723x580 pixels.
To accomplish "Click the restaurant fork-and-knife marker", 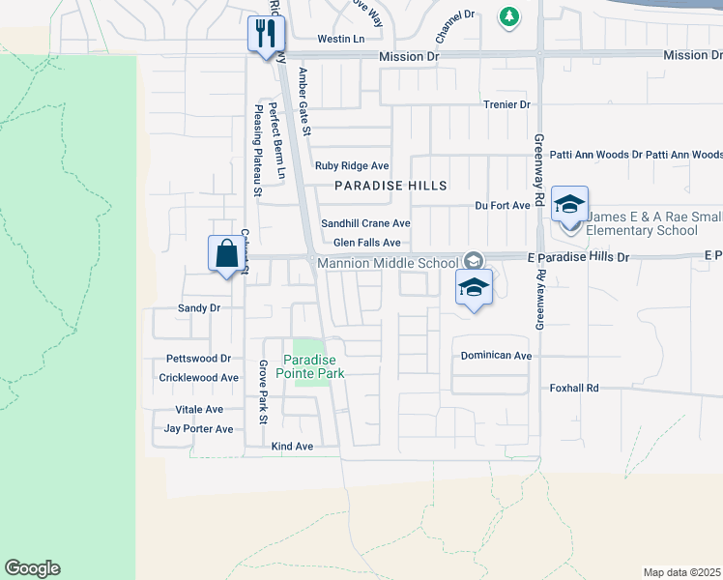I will pos(263,36).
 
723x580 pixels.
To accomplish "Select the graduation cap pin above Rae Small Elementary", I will pos(570,205).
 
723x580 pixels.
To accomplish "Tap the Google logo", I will pos(32,568).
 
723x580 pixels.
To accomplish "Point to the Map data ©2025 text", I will pos(681,571).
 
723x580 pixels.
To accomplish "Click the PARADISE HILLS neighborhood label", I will pos(391,186).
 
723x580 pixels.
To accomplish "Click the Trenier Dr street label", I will pos(506,104).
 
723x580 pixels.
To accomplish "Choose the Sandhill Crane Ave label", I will pos(365,223).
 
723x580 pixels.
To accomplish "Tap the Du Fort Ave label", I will pos(503,205).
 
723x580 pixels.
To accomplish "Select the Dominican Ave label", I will pos(496,356).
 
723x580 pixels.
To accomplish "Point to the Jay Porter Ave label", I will pos(198,428).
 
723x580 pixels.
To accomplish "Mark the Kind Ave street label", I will pos(292,447).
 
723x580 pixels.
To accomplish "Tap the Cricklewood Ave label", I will pos(198,378).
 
